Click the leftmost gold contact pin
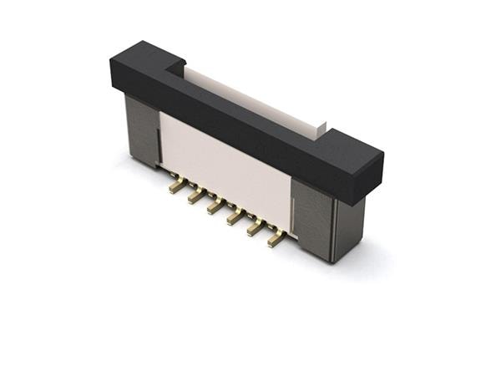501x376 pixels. [x=175, y=187]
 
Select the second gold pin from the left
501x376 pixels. [x=195, y=197]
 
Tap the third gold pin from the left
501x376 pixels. [x=215, y=207]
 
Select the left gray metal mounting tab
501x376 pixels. [x=141, y=130]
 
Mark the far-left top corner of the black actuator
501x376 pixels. [x=111, y=59]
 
